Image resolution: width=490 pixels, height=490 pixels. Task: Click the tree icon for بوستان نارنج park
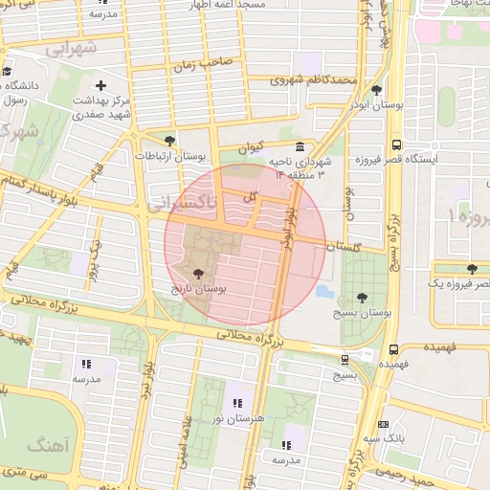198,273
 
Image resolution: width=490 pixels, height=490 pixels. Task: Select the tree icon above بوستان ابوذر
376,90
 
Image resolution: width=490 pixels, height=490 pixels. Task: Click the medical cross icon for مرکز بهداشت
100,85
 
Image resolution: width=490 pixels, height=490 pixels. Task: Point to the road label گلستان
346,246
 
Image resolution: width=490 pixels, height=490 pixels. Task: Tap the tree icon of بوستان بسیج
360,298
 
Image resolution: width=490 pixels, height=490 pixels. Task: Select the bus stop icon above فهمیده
393,350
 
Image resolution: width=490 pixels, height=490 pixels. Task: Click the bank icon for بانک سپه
384,424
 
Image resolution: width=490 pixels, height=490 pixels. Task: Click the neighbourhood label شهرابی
72,47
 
